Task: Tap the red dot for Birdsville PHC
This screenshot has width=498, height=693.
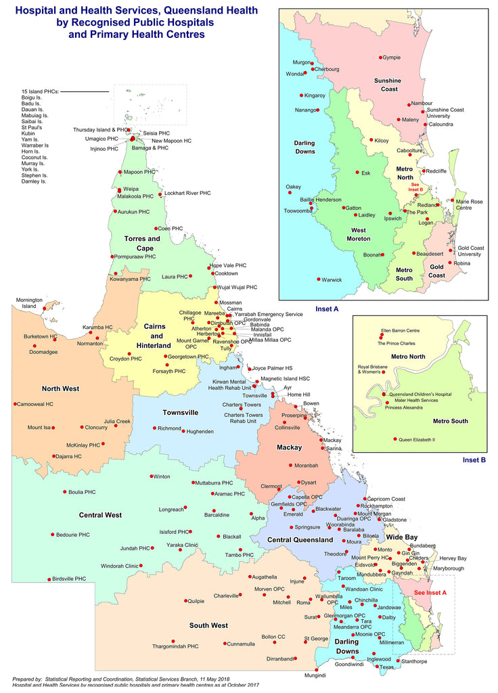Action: (49, 579)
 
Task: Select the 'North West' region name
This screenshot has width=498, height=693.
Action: (61, 388)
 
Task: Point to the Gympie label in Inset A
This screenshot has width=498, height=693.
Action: (392, 58)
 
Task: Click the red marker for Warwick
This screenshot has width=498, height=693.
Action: (318, 280)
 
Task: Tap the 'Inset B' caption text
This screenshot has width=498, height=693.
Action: (474, 460)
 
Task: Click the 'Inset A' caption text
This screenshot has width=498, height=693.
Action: (327, 309)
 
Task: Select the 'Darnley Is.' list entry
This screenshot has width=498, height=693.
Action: (34, 181)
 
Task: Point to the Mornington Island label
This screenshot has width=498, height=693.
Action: (29, 303)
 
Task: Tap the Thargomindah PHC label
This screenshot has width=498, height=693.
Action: (175, 646)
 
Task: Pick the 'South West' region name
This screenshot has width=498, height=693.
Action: (208, 625)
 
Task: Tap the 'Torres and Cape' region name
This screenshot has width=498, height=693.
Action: (142, 243)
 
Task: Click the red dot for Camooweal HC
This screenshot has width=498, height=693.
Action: (14, 404)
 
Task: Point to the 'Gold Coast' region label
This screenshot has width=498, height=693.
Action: (437, 271)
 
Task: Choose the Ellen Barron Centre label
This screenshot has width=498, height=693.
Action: (401, 330)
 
